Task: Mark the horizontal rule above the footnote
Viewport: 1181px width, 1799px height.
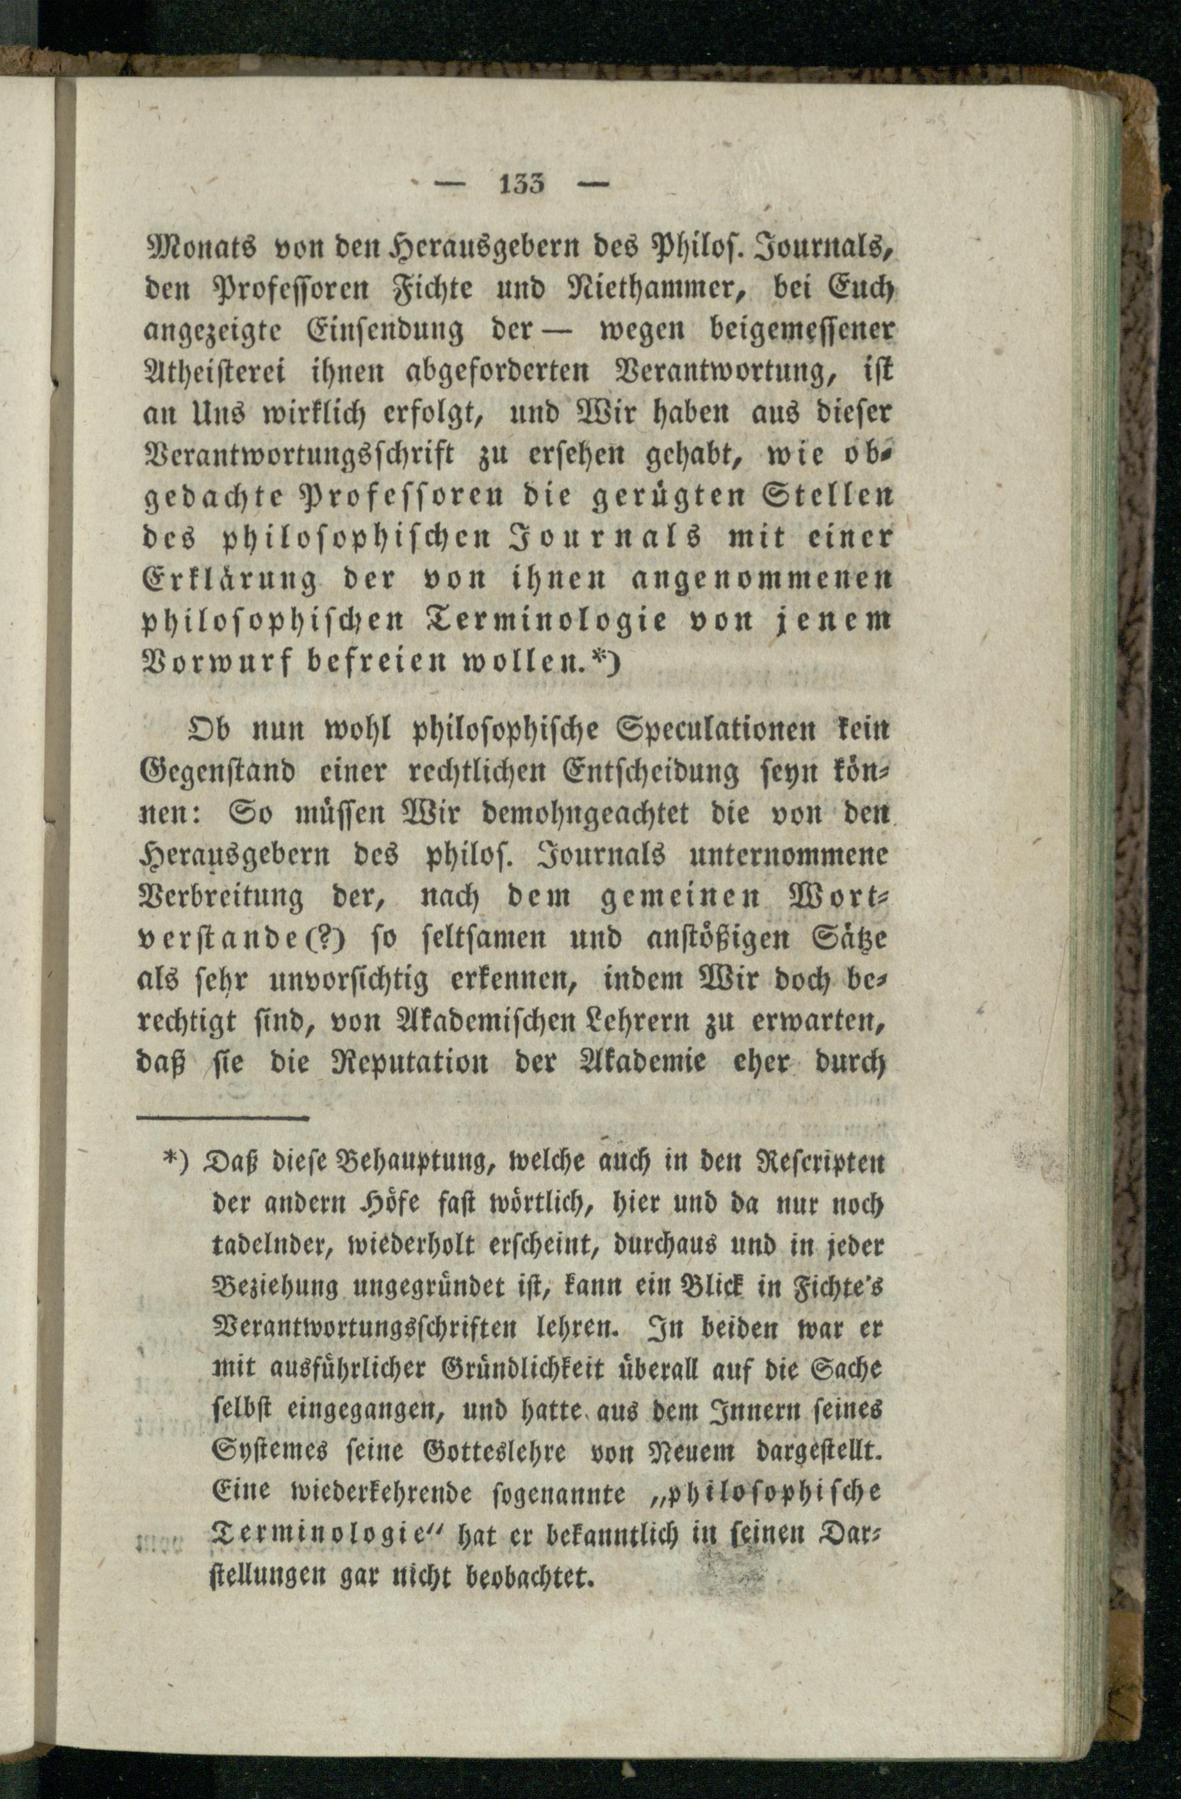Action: coord(224,1116)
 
